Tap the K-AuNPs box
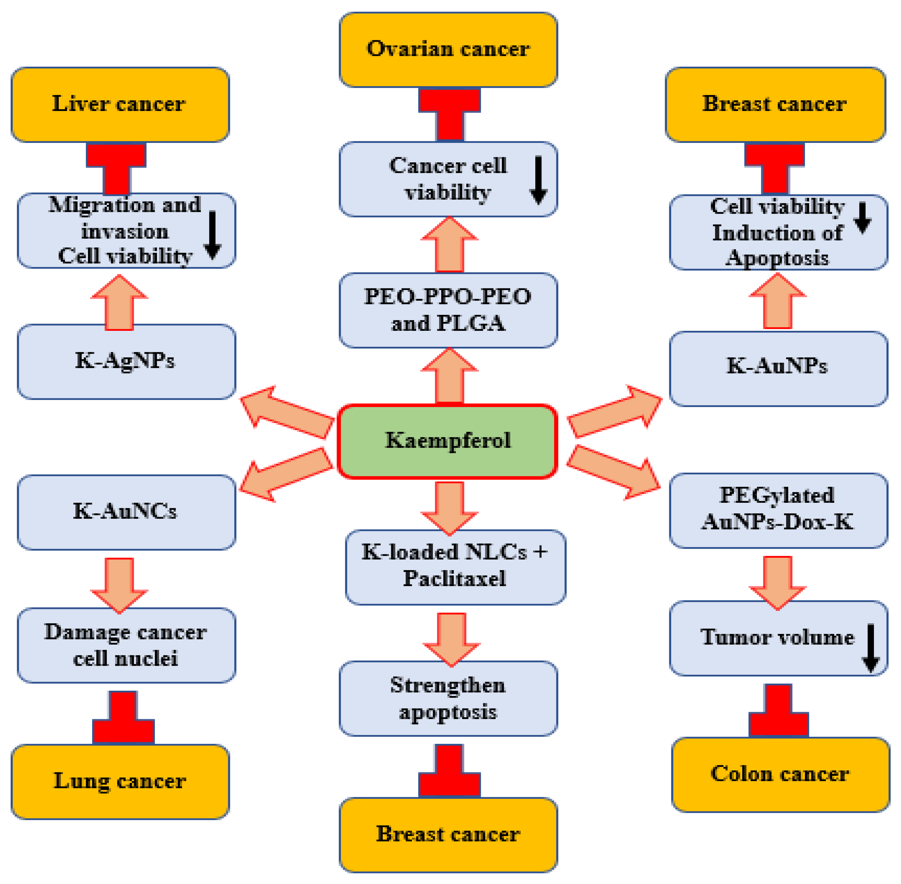coord(778,368)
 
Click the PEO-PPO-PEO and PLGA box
coord(448,310)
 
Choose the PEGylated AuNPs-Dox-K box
coord(778,510)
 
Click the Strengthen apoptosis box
coord(448,698)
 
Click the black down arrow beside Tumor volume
coord(870,648)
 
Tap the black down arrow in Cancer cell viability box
coord(538,180)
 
